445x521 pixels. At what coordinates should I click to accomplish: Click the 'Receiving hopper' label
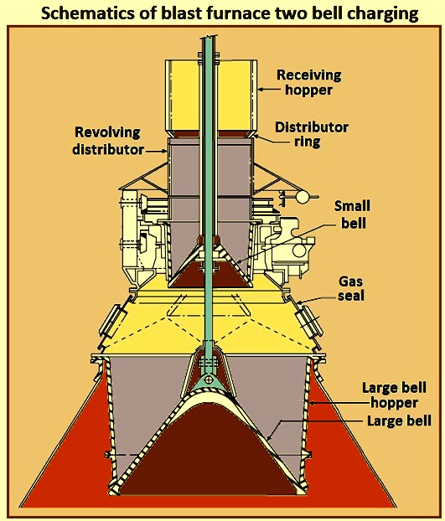(309, 82)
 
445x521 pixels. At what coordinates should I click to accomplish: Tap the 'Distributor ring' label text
(312, 134)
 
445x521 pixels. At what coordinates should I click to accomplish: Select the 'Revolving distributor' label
(108, 141)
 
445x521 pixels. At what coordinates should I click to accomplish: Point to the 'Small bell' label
(352, 214)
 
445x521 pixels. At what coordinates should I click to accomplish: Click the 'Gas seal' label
(351, 288)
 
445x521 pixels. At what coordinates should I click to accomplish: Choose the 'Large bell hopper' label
(394, 395)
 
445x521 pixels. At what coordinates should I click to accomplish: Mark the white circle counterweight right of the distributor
(303, 197)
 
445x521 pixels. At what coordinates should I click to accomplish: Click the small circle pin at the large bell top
(209, 379)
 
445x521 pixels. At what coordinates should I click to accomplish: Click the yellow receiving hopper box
(211, 95)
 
